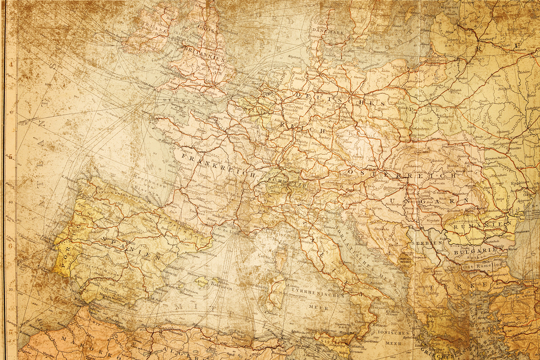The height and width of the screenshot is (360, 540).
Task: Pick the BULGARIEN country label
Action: point(475,251)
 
